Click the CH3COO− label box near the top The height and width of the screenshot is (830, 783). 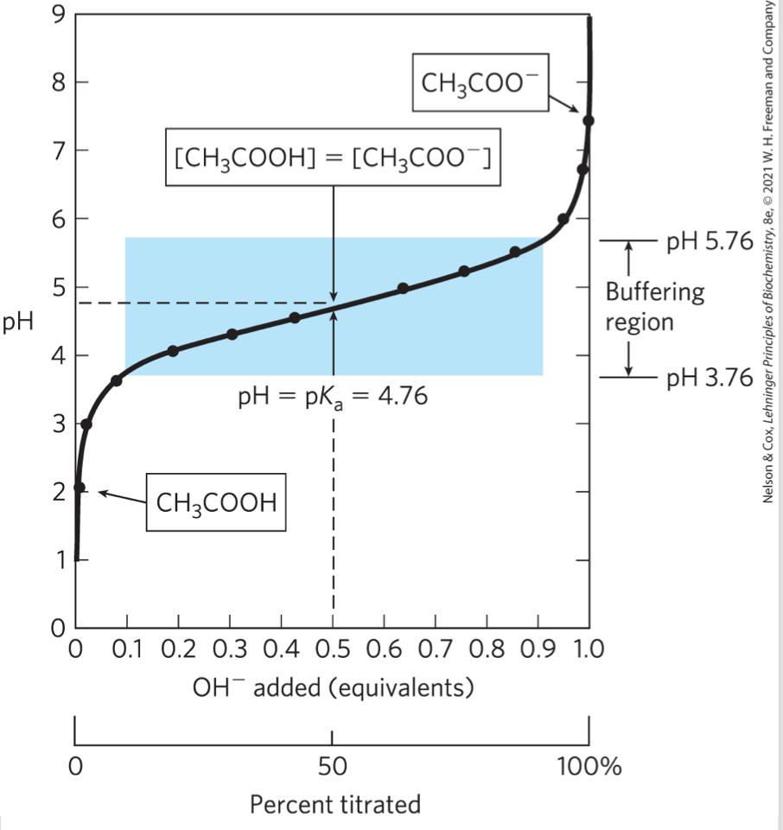point(479,84)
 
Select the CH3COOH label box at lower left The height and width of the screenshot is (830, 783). point(216,502)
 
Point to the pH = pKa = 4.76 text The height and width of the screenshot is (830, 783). point(333,399)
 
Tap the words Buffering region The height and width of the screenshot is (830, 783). point(654,307)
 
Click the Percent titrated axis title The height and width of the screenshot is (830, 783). point(335,805)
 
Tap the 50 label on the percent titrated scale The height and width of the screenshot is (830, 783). point(332,767)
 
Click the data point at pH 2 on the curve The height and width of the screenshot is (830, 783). point(80,488)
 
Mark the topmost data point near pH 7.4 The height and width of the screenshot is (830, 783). point(589,120)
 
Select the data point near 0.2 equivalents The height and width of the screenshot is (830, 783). point(173,350)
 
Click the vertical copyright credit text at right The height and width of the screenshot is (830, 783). point(768,251)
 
